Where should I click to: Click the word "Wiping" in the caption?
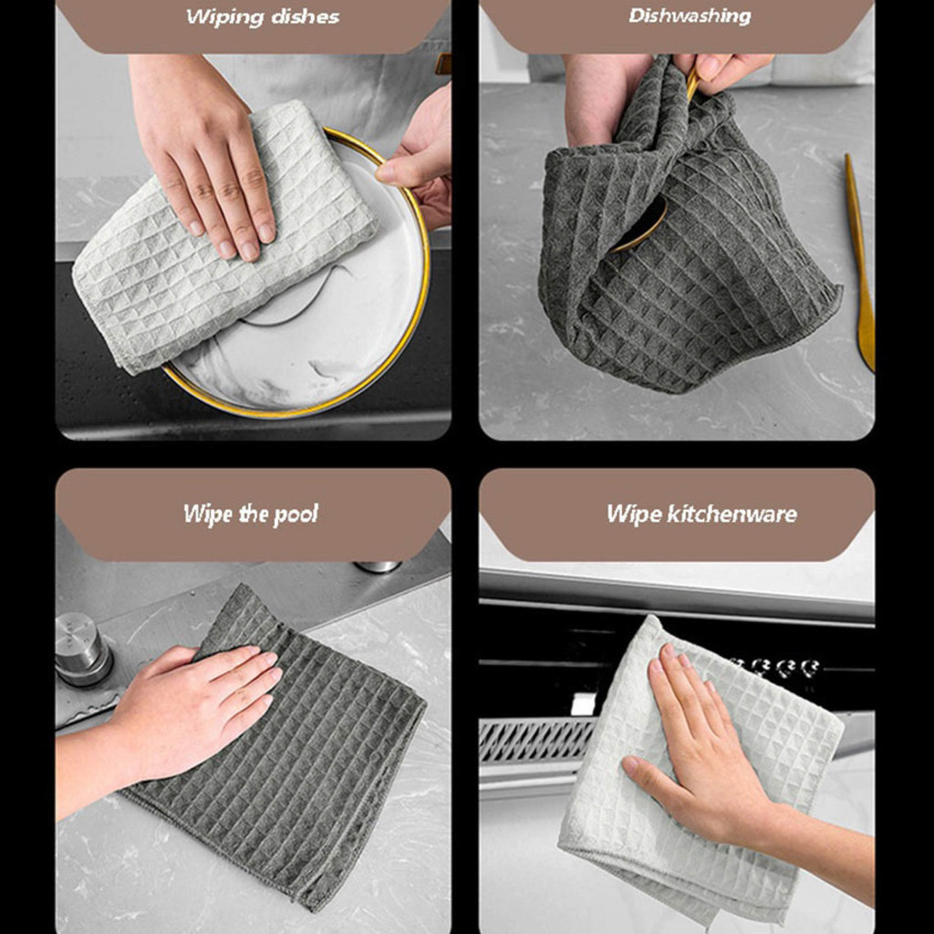224,17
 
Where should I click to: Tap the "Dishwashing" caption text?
690,16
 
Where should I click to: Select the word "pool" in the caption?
296,514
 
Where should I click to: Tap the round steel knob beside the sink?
82,649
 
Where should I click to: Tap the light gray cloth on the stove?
703,774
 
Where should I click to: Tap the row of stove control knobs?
774,667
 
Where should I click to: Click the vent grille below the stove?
536,741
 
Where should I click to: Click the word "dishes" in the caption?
305,17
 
